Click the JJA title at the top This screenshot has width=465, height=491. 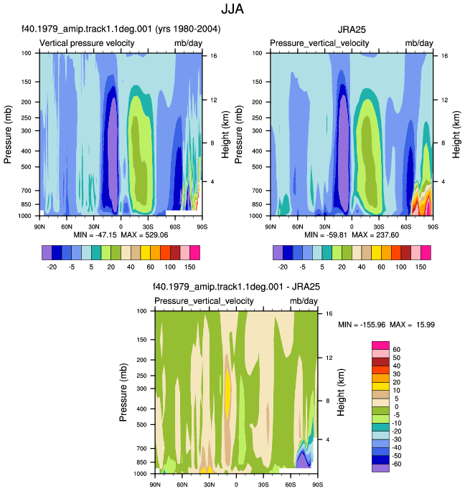click(232, 9)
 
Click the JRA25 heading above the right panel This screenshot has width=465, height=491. click(352, 29)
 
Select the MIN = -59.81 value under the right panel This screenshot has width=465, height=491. click(326, 235)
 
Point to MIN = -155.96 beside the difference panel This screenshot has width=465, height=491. click(362, 325)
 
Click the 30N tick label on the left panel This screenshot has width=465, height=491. click(93, 227)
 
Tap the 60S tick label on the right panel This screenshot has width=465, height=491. click(405, 227)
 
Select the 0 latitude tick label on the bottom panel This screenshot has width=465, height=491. click(236, 485)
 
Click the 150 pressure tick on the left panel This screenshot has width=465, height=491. click(27, 82)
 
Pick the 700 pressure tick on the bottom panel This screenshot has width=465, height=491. click(142, 449)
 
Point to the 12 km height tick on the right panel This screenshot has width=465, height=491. click(445, 100)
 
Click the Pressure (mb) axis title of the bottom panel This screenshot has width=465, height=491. click(123, 392)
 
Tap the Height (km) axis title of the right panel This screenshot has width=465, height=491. click(456, 134)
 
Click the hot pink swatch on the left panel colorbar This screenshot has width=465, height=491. click(194, 253)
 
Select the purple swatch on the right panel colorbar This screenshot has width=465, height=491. click(278, 253)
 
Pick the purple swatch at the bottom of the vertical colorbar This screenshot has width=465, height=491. click(380, 468)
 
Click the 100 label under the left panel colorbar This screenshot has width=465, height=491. click(170, 267)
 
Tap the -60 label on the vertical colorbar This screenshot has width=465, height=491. click(397, 464)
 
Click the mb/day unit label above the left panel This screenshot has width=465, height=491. click(188, 43)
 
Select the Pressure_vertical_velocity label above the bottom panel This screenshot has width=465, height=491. click(204, 301)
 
